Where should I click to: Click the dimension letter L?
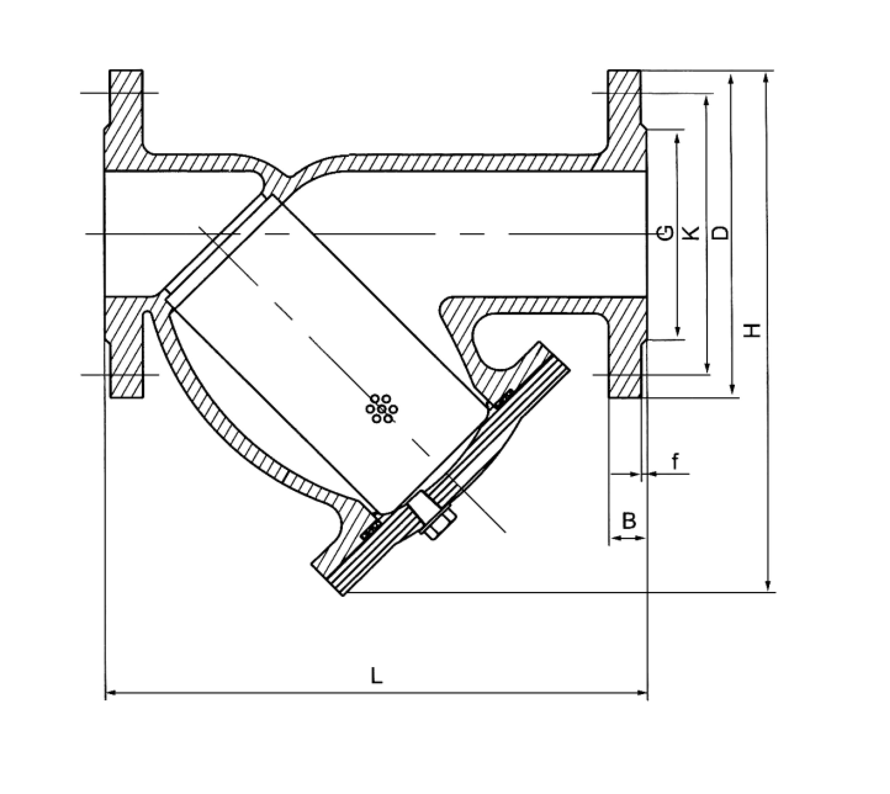pyautogui.click(x=376, y=676)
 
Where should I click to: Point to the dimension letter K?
pyautogui.click(x=692, y=233)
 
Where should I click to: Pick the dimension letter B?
pyautogui.click(x=629, y=521)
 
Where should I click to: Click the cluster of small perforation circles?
pyautogui.click(x=382, y=409)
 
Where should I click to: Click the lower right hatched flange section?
pyautogui.click(x=626, y=345)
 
